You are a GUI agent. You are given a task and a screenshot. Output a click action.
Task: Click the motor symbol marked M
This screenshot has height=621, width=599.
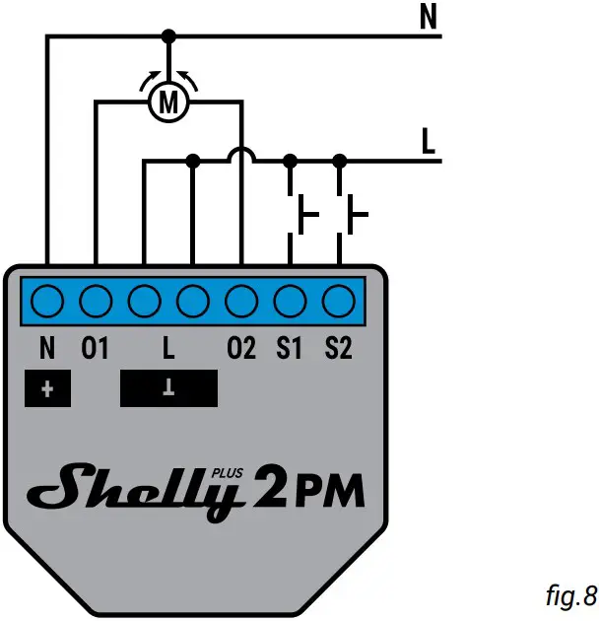[168, 101]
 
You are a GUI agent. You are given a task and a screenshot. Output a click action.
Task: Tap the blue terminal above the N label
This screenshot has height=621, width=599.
[46, 298]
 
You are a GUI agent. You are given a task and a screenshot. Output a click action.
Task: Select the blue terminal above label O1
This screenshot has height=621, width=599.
[96, 298]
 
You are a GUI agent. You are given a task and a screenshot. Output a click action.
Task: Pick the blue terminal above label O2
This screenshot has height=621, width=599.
[241, 298]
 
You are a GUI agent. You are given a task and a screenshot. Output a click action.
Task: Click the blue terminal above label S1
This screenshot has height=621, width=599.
[290, 298]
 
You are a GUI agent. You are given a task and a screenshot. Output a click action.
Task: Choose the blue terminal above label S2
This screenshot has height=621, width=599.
[338, 298]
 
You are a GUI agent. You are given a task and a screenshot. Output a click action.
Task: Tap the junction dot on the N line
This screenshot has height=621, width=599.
[168, 36]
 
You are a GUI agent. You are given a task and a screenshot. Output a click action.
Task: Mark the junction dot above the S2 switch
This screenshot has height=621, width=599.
[339, 160]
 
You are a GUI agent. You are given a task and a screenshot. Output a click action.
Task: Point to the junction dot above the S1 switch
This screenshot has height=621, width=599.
[290, 160]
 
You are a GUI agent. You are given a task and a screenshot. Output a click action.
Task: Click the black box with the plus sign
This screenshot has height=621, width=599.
[47, 388]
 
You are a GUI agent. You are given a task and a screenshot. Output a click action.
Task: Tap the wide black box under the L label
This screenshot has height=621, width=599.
[168, 388]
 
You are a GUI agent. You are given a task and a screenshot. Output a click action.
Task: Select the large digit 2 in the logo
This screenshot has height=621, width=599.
[266, 487]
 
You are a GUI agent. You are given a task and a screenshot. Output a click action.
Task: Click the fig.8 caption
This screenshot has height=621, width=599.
[570, 594]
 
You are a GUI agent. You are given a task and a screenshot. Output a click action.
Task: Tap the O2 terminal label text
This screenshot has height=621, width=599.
[241, 349]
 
